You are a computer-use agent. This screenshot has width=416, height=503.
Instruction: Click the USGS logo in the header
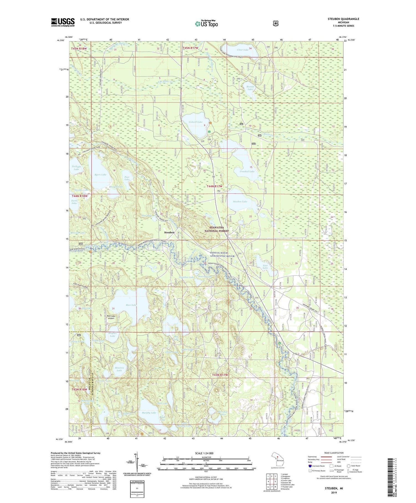coord(63,22)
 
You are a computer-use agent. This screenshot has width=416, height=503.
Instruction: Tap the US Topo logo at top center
coord(206,24)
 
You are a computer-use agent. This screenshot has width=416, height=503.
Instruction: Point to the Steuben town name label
coord(169,232)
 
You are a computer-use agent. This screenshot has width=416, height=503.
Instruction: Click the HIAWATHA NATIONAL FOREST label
coord(217,229)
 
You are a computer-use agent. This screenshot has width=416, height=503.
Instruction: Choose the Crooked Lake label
coord(247,171)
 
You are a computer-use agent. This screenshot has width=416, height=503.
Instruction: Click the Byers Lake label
coord(100,175)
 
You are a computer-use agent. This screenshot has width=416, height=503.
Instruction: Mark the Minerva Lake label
coord(119,369)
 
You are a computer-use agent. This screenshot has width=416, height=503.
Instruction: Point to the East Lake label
coord(265,266)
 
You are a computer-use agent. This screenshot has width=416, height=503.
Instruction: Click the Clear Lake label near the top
coord(243,50)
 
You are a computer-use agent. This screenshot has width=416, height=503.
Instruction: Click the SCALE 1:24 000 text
coord(206,453)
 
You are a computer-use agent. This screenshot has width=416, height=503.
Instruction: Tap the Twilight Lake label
coord(76,168)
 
